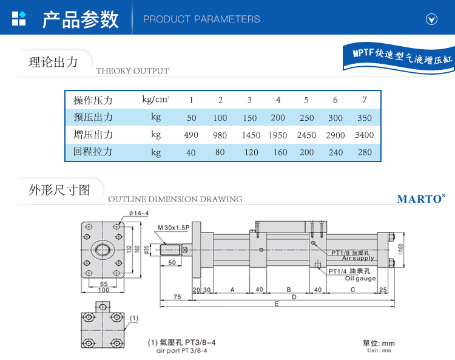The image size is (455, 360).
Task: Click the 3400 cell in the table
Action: [365, 135]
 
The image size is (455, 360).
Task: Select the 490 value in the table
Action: [191, 135]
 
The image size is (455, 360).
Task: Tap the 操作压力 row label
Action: [93, 100]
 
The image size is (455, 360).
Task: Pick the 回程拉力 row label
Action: [93, 152]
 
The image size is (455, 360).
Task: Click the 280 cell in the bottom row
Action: [365, 152]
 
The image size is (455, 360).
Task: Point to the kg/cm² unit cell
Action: [156, 100]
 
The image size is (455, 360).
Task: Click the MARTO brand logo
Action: [421, 199]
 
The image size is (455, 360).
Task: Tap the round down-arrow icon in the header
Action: [432, 19]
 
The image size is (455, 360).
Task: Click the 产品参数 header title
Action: [80, 19]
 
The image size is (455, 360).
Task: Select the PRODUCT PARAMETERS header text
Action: [201, 19]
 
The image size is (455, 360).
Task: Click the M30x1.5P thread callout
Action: [174, 228]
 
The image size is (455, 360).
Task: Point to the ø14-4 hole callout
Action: [139, 213]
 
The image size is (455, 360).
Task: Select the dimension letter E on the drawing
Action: [277, 304]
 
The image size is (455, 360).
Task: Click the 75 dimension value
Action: [177, 297]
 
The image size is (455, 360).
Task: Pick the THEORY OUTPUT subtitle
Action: [132, 71]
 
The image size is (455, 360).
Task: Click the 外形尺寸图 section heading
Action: [59, 189]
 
